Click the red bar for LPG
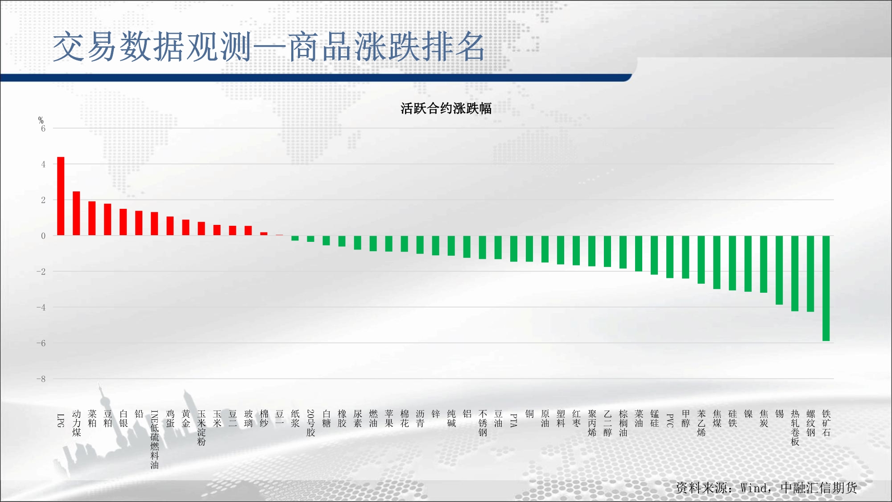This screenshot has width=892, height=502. coord(61,196)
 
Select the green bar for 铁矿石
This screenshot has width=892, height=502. coord(826,288)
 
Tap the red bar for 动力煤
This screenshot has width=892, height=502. coord(76,213)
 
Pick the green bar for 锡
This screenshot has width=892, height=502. coord(779,270)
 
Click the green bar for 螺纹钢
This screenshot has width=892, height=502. coord(810,274)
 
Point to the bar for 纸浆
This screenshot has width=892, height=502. coord(295,238)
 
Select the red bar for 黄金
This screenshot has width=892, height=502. coord(186,228)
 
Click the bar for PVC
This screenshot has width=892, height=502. coord(670,257)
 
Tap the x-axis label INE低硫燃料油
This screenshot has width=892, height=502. coord(154,440)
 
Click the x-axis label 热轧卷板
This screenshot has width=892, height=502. coord(795,428)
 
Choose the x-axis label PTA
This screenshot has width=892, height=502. coord(514,420)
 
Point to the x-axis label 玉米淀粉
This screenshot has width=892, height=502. coord(201,428)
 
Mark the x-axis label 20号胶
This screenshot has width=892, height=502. coord(310,423)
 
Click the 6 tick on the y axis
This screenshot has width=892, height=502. coord(43,129)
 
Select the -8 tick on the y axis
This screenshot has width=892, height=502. coord(41,379)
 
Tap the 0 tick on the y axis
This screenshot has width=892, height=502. coord(43,236)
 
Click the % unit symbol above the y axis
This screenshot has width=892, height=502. coord(41,120)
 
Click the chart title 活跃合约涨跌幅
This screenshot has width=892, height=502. coord(446,108)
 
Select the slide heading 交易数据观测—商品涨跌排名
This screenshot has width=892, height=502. coord(268,47)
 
